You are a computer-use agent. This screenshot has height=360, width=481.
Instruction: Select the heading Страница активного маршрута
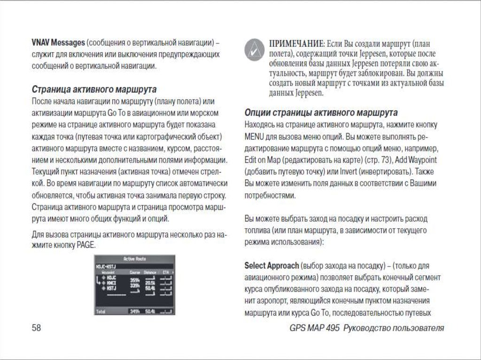94,89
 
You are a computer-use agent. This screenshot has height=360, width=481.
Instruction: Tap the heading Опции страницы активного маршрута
321,113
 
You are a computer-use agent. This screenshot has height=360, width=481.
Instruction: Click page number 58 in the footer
36,328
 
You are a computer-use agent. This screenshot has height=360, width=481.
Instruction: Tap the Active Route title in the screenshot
135,259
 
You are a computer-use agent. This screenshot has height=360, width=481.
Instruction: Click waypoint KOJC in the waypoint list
111,278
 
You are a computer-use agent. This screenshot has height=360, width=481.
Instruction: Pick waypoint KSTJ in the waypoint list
111,288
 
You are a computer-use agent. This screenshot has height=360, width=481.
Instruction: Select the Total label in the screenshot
101,311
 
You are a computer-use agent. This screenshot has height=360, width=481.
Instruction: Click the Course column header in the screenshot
135,271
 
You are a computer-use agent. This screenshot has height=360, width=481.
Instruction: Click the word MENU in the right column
254,137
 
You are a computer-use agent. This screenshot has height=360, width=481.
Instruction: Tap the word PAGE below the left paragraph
85,245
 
